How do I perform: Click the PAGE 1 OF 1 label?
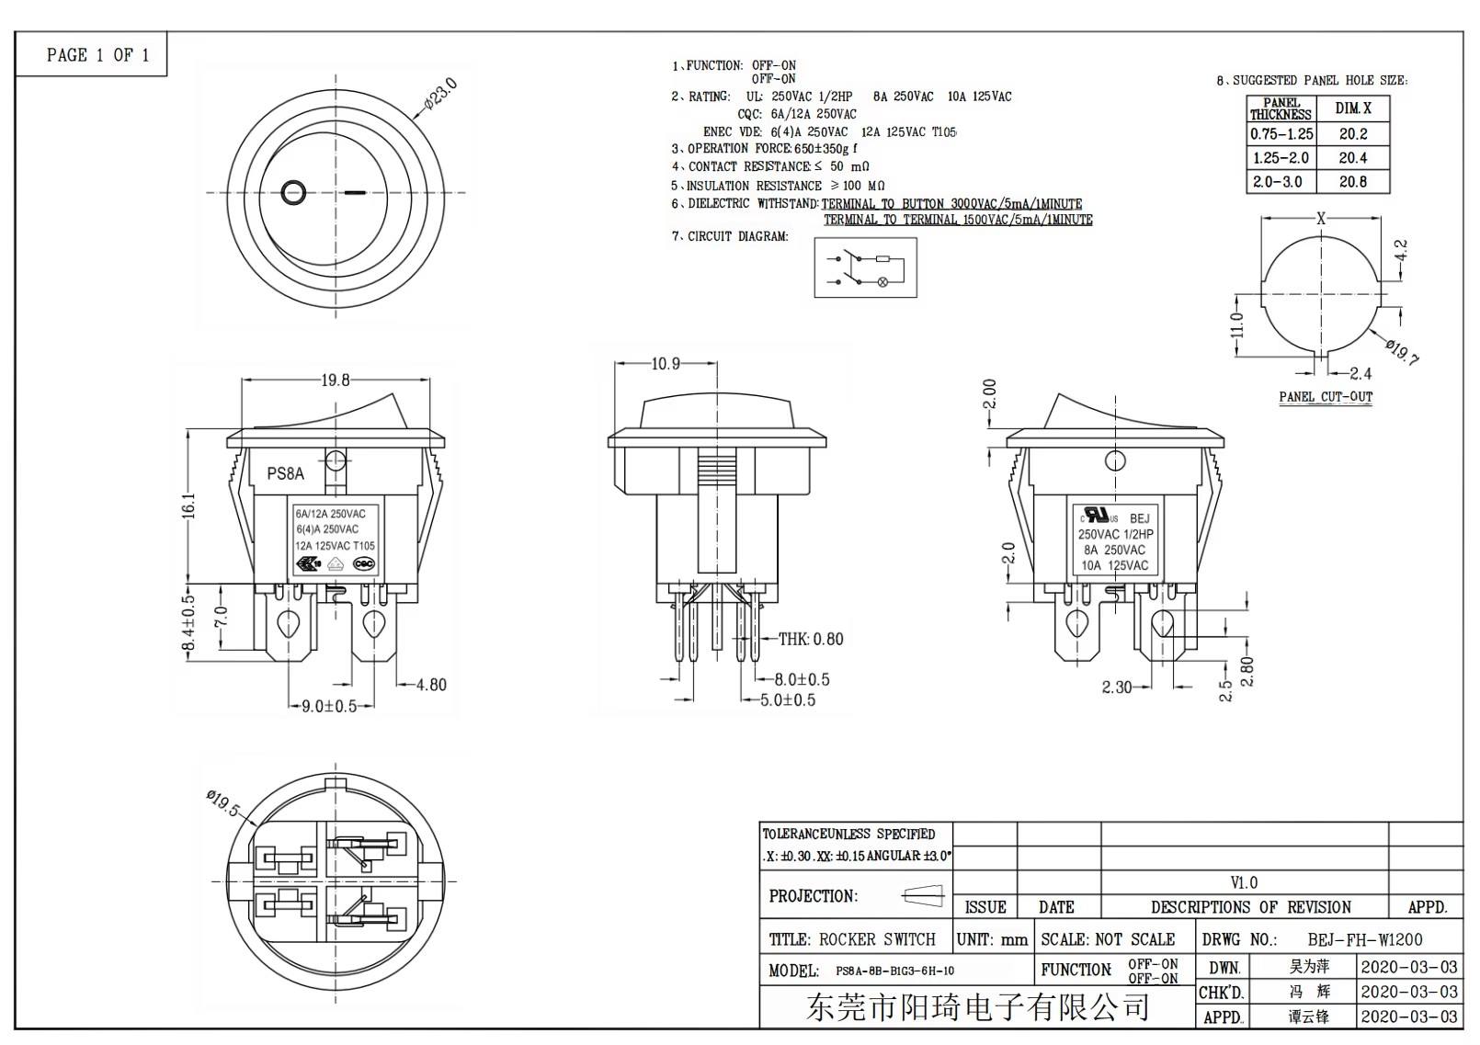(97, 55)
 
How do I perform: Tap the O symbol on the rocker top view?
(292, 193)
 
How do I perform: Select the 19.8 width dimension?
(336, 380)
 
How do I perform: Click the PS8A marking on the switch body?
(285, 474)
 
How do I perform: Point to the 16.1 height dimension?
(188, 505)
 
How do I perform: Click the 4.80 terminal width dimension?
(431, 685)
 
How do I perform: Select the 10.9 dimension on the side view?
(666, 364)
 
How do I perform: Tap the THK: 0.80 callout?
(810, 639)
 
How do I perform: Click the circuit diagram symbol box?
(865, 267)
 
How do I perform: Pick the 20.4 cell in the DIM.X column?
(1352, 158)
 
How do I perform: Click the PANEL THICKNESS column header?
(1281, 109)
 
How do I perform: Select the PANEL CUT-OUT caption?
(1325, 397)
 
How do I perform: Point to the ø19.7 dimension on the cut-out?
(1402, 351)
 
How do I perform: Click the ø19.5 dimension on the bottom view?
(223, 802)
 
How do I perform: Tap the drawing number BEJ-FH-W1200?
(1364, 939)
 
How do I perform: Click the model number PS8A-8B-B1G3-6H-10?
(894, 971)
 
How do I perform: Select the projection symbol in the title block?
(923, 895)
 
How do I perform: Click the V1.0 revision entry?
(1243, 882)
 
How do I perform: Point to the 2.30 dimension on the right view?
(1116, 687)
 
